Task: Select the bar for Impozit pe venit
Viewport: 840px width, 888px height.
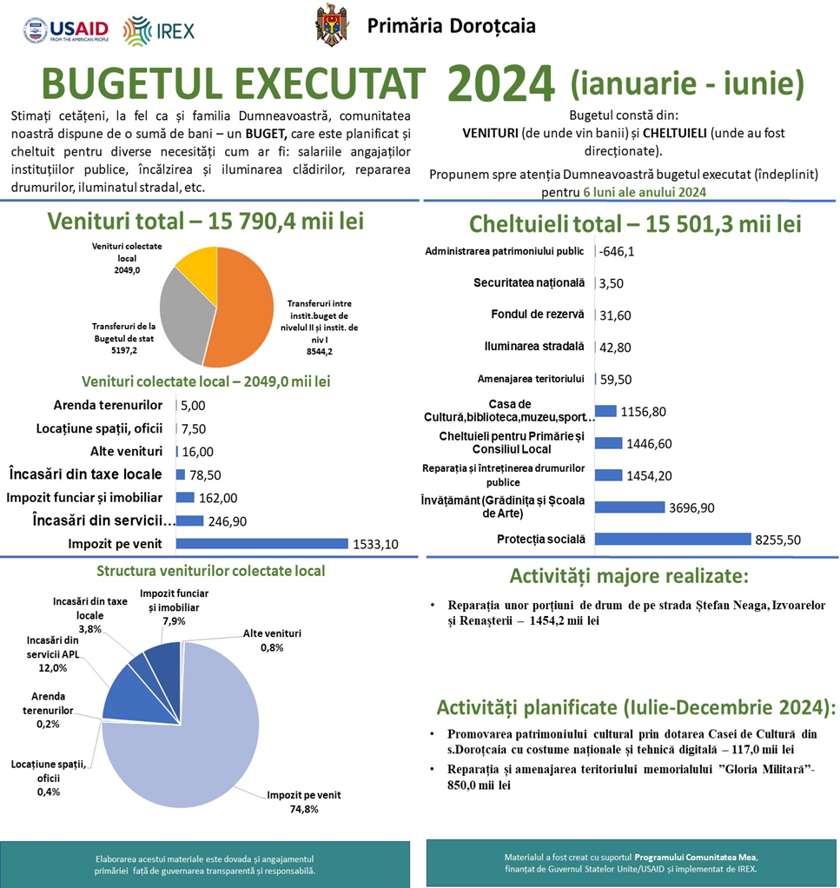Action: pyautogui.click(x=261, y=544)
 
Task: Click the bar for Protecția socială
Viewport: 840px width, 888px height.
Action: pyautogui.click(x=672, y=539)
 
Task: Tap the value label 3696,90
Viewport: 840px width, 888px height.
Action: pyautogui.click(x=691, y=507)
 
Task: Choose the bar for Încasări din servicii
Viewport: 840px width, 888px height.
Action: pyautogui.click(x=189, y=520)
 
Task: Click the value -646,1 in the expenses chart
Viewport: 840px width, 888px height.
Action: pyautogui.click(x=617, y=252)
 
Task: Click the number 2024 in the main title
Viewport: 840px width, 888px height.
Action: pyautogui.click(x=501, y=84)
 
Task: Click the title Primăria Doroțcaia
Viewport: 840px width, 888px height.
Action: pyautogui.click(x=451, y=25)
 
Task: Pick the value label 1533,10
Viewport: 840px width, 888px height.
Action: pyautogui.click(x=374, y=545)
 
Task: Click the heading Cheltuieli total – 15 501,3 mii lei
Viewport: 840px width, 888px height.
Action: pyautogui.click(x=634, y=223)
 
